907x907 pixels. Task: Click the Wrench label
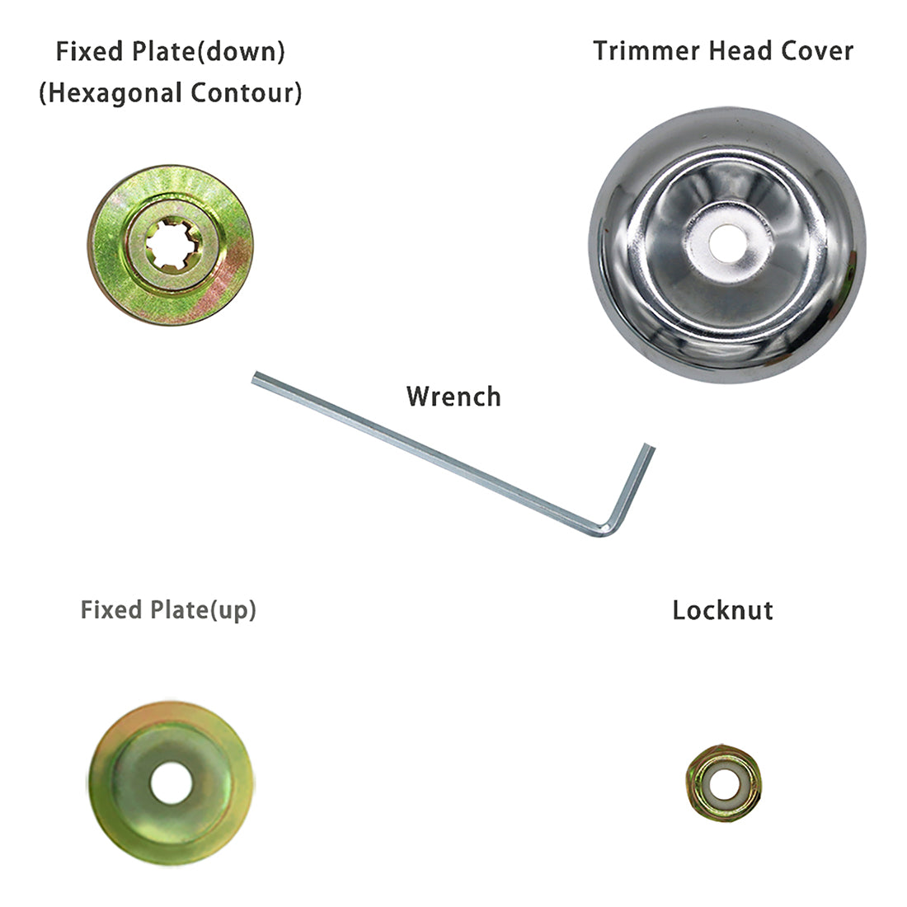453,397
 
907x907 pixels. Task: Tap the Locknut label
722,611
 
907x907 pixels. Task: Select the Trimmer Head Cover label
722,51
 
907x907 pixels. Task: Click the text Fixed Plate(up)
168,611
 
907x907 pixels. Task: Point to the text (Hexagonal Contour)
171,92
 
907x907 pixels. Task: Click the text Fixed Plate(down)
171,51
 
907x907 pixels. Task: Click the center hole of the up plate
170,782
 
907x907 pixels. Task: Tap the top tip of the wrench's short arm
648,448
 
